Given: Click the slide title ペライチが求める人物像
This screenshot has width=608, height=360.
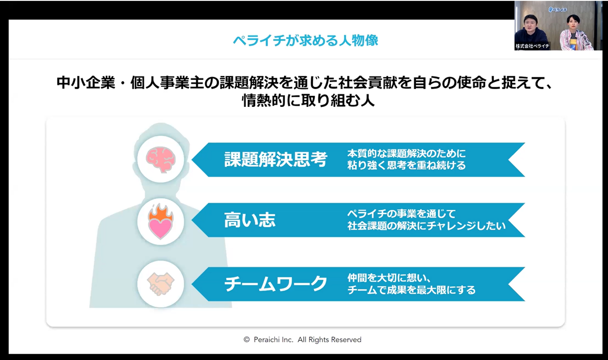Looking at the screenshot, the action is click(305, 41).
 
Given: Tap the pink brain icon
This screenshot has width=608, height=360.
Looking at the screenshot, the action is click(161, 160).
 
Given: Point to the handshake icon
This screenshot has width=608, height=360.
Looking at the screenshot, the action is click(160, 284).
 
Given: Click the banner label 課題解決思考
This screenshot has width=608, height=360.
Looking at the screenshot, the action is click(275, 159).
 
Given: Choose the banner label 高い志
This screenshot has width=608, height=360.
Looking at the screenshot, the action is click(250, 220).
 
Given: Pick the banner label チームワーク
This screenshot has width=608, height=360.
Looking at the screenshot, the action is click(275, 284).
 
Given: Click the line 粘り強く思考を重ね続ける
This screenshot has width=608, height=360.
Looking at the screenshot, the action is click(407, 166).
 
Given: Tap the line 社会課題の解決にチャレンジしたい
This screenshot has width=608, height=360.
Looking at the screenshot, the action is click(426, 226).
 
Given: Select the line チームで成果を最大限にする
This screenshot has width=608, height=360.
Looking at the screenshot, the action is click(412, 290).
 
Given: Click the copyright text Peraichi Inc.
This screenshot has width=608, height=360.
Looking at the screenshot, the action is click(274, 340).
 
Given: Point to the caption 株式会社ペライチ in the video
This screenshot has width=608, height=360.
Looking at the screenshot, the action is click(532, 46).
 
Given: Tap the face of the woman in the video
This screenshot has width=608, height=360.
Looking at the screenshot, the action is click(573, 24).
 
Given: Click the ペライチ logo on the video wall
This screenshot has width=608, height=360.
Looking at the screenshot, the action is click(557, 10).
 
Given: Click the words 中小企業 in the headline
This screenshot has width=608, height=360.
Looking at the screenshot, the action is click(86, 82).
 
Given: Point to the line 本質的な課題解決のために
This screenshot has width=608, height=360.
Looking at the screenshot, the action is click(407, 154).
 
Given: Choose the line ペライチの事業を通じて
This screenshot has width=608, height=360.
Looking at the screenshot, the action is click(402, 214).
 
